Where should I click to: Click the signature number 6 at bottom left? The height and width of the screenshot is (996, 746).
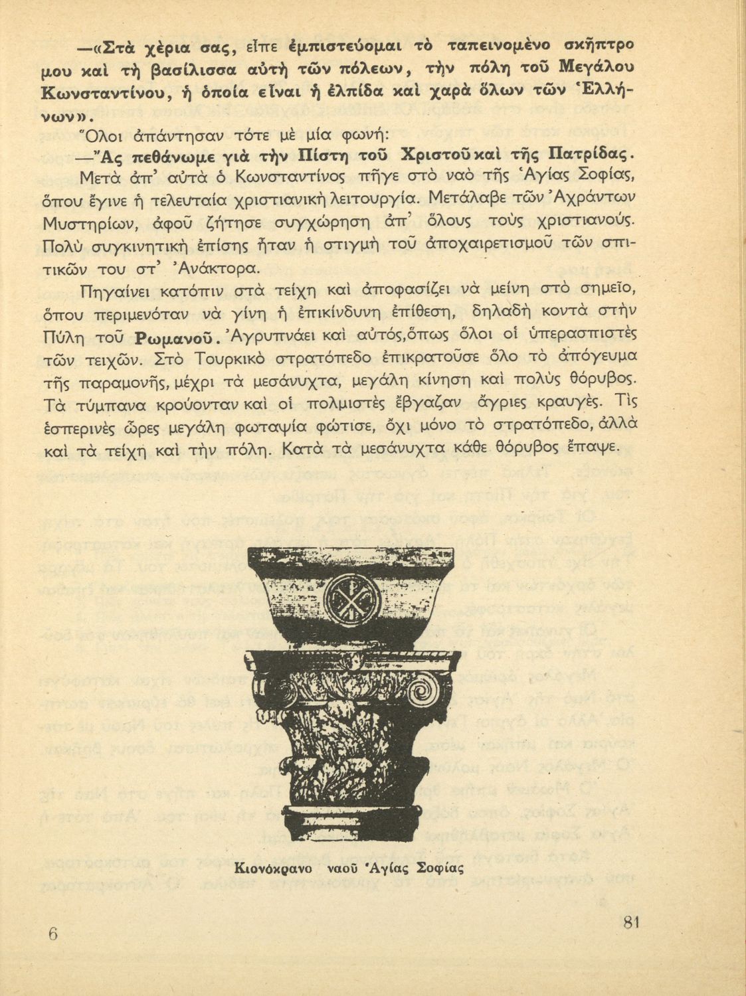pyautogui.click(x=54, y=933)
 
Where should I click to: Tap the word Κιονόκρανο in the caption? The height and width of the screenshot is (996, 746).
pyautogui.click(x=273, y=868)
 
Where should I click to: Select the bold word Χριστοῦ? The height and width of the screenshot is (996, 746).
pyautogui.click(x=438, y=157)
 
